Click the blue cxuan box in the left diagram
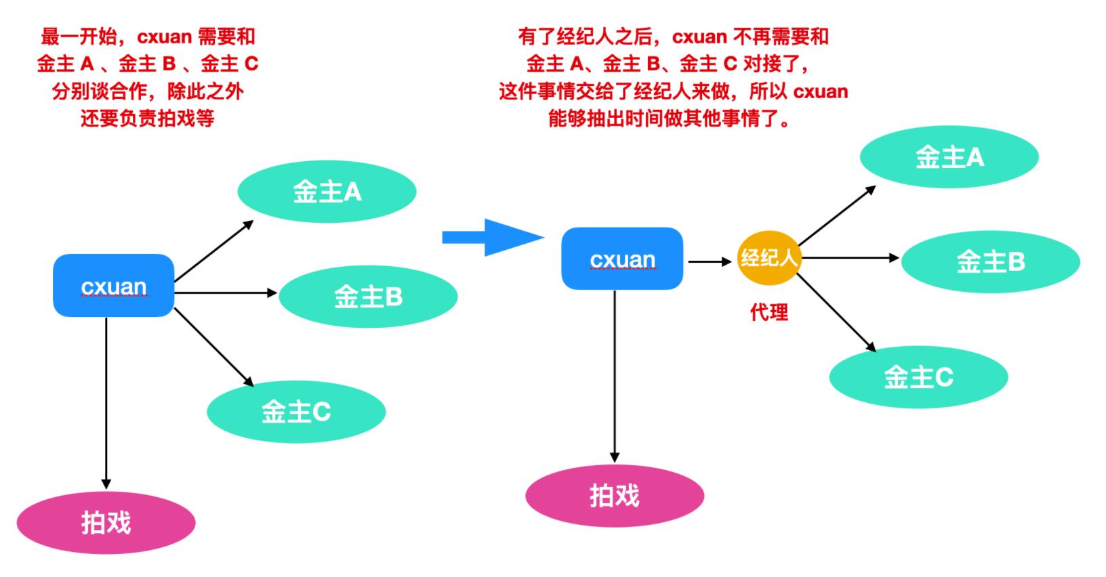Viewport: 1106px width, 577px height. [x=114, y=286]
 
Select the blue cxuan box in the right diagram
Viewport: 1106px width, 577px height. [x=622, y=259]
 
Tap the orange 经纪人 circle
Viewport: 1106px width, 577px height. [x=769, y=258]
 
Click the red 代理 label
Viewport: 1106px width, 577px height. [x=769, y=312]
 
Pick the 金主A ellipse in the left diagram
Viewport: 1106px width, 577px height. [x=327, y=192]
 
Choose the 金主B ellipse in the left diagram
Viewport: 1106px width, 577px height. [x=368, y=296]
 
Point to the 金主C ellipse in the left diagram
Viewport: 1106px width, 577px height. [x=296, y=411]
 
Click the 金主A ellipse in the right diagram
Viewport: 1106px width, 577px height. [x=949, y=157]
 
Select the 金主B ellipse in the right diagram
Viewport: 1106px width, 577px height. [x=990, y=261]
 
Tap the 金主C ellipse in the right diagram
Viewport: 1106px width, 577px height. [x=918, y=377]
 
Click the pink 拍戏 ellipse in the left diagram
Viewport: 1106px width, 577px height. [x=106, y=522]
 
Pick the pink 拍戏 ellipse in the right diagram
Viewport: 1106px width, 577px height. [x=615, y=496]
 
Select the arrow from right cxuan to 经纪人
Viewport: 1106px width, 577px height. [x=710, y=261]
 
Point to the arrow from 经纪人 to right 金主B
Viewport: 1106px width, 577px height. [x=851, y=258]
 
